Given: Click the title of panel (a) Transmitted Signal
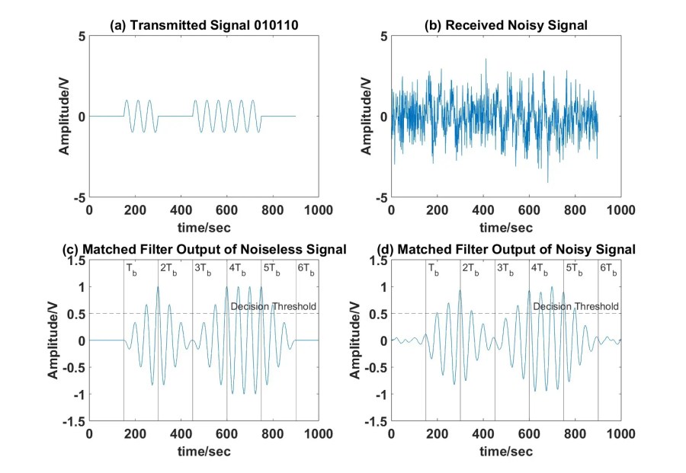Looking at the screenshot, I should click(204, 25).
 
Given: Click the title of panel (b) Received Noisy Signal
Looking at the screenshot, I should click(505, 25).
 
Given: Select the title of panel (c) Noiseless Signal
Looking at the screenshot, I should click(204, 249).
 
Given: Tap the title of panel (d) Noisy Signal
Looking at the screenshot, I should click(505, 249).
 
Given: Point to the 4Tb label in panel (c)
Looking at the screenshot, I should click(237, 268).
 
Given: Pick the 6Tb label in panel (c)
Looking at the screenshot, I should click(306, 268).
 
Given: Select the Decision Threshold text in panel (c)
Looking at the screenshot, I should click(271, 306).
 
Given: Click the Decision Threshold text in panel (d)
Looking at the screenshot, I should click(575, 306).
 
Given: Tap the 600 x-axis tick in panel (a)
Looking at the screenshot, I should click(226, 209).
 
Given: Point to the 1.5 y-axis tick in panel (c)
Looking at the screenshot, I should click(76, 260).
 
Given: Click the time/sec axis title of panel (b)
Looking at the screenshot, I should click(505, 227).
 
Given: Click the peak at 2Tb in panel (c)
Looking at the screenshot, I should click(158, 287).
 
